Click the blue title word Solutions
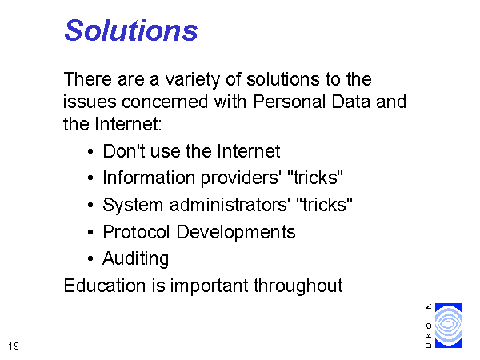click(x=131, y=30)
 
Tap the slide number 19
click(x=14, y=346)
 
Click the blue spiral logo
click(x=449, y=326)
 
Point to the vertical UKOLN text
click(x=429, y=326)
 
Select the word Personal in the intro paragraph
click(x=290, y=102)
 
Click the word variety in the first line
click(x=193, y=79)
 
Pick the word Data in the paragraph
click(x=351, y=102)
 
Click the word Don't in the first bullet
click(x=124, y=151)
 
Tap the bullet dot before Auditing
click(x=90, y=258)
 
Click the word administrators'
click(x=229, y=205)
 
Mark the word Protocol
click(x=136, y=232)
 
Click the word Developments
click(x=236, y=232)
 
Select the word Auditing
click(x=136, y=259)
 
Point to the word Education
click(x=105, y=286)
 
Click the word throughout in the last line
click(x=298, y=286)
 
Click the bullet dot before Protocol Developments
click(x=90, y=232)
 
